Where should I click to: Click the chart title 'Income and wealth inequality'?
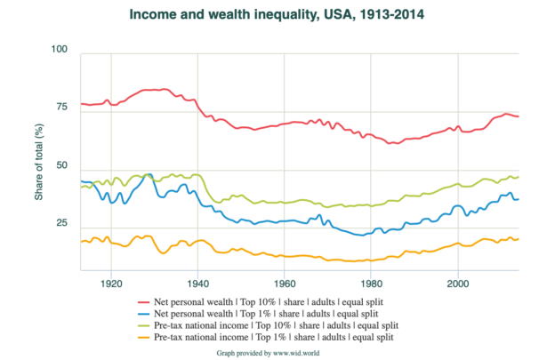(x=276, y=15)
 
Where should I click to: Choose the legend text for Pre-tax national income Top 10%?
(x=275, y=325)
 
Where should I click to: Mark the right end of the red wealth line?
(x=519, y=116)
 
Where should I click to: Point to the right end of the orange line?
(x=519, y=238)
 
